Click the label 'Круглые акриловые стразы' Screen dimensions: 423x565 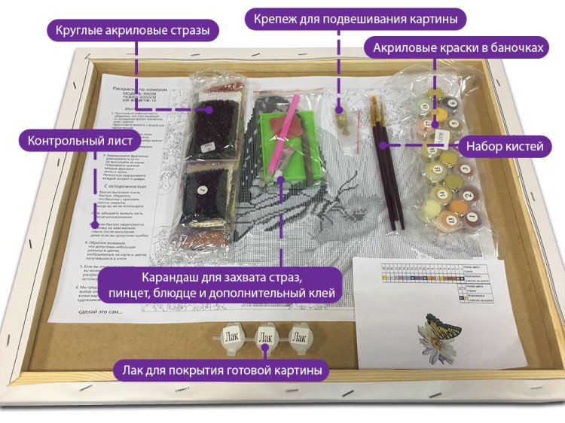point(133,31)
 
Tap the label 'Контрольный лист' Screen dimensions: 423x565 point(81,141)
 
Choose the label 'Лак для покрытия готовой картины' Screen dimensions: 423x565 point(221,370)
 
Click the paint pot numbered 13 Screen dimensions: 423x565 point(450,219)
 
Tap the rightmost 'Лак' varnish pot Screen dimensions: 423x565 point(299,336)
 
